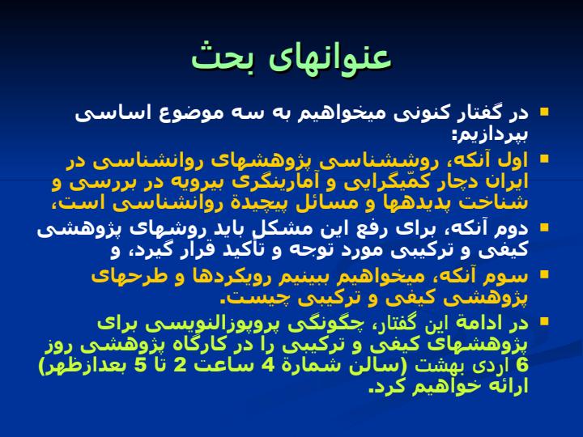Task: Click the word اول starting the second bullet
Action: pyautogui.click(x=514, y=160)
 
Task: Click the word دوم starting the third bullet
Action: pyautogui.click(x=514, y=229)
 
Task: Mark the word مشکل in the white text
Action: pyautogui.click(x=275, y=229)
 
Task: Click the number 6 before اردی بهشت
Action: pyautogui.click(x=522, y=366)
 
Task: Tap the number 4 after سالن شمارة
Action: pyautogui.click(x=267, y=366)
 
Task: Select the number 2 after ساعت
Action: pyautogui.click(x=180, y=366)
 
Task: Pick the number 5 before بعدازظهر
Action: pyautogui.click(x=140, y=366)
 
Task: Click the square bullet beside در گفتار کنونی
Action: pyautogui.click(x=544, y=112)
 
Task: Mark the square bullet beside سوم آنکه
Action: pyautogui.click(x=544, y=274)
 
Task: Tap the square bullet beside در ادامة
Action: pyautogui.click(x=544, y=321)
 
